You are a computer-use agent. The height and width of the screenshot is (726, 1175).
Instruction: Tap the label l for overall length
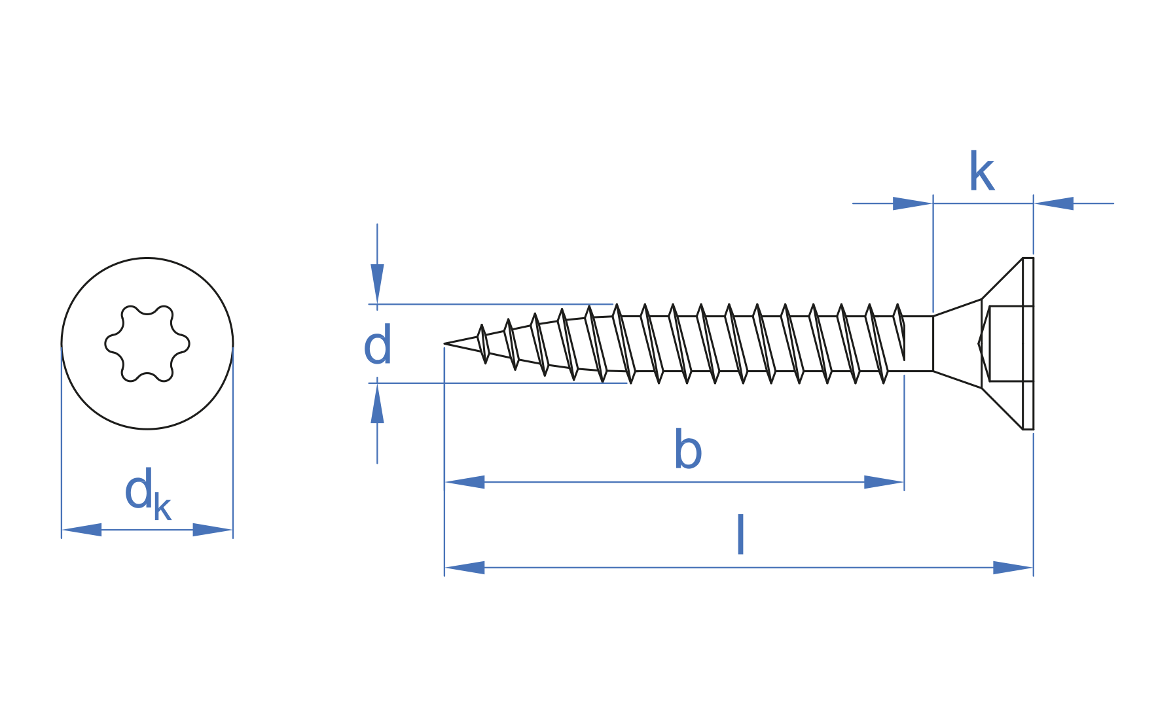tap(740, 535)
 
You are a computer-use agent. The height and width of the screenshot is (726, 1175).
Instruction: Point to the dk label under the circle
tap(147, 493)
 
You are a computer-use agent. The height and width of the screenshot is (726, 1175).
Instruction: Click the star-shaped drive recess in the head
tap(147, 343)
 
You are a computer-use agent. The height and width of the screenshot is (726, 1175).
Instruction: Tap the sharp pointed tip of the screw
tap(446, 343)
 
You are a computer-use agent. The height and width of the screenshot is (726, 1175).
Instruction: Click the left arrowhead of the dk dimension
tap(82, 530)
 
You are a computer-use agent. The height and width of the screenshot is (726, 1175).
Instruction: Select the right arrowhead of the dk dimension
tap(212, 530)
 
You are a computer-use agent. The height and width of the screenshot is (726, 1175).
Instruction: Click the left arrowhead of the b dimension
tap(465, 482)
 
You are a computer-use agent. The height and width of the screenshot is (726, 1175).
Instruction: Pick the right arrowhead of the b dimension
tap(884, 482)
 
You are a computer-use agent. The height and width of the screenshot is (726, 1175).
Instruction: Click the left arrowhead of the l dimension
tap(465, 568)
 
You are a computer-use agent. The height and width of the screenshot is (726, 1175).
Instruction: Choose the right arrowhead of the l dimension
tap(1013, 568)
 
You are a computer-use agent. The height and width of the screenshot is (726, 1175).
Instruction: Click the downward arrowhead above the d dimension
tap(377, 283)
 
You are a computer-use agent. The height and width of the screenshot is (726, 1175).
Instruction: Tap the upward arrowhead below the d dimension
tap(377, 404)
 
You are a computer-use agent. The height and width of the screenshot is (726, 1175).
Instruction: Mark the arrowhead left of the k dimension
tap(913, 203)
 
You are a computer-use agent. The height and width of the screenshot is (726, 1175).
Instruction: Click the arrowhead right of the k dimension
tap(1054, 203)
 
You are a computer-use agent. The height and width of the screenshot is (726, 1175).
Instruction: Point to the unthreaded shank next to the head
tap(918, 343)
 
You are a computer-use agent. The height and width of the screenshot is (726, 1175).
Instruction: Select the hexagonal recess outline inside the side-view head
tap(1008, 343)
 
